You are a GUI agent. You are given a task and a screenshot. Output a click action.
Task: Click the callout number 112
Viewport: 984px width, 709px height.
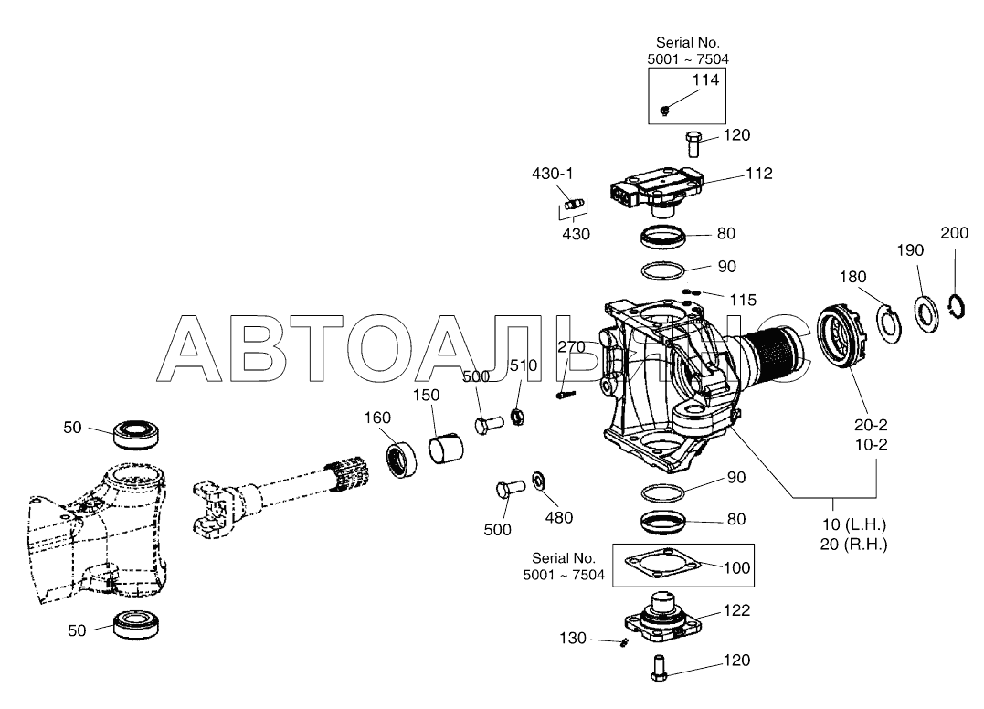[758, 174]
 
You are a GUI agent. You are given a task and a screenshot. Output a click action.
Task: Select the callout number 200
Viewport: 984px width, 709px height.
[955, 233]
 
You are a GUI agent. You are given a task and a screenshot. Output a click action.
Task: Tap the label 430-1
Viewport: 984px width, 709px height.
[552, 174]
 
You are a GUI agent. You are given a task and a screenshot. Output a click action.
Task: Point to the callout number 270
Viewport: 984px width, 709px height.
[571, 347]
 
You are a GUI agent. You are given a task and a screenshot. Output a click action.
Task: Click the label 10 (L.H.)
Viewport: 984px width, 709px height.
[855, 524]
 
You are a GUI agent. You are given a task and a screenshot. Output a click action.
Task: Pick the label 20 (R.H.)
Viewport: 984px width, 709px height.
[854, 544]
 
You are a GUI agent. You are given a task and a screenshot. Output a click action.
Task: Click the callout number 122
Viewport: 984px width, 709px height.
[736, 609]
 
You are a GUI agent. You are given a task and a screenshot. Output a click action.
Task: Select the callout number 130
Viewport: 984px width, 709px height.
[573, 638]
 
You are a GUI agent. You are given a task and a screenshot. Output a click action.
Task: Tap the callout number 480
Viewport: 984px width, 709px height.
[558, 517]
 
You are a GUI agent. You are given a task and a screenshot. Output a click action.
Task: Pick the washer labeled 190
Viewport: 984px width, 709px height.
[926, 313]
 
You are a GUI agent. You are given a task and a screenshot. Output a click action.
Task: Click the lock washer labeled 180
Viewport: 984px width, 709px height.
[889, 323]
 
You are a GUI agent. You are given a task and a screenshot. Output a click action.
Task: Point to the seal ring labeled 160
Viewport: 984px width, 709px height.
[401, 460]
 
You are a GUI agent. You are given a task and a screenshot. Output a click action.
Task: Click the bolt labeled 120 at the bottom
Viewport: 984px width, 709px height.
[659, 668]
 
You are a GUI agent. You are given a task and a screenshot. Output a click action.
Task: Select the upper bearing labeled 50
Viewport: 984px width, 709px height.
[135, 434]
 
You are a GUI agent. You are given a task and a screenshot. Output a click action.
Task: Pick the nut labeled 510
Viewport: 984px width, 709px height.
[518, 416]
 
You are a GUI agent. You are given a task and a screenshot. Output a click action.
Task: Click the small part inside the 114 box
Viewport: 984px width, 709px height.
[665, 111]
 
